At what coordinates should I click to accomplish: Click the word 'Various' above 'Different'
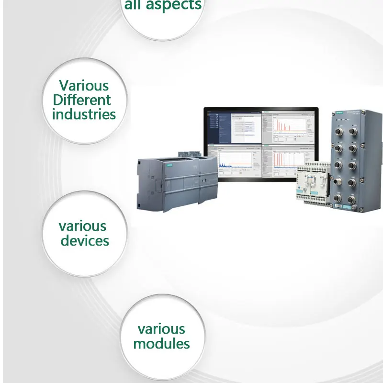[84, 86]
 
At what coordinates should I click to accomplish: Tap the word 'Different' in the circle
[82, 100]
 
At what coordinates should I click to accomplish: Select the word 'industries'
[84, 114]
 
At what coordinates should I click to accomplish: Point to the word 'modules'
[161, 343]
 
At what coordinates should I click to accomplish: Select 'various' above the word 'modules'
[161, 329]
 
